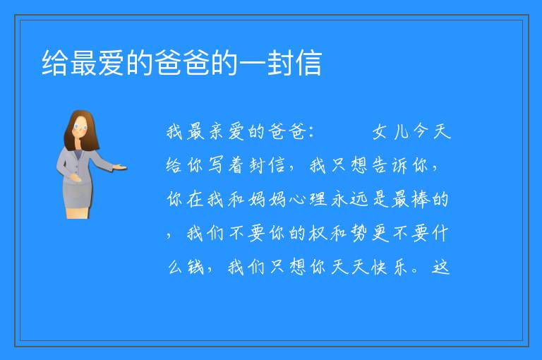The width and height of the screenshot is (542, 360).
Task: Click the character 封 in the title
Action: coord(280,63)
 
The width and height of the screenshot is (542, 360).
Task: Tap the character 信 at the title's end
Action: coord(308,63)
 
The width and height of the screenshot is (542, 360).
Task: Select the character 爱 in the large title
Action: coord(112,63)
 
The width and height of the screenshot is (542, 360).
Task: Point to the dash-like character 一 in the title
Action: coord(252,63)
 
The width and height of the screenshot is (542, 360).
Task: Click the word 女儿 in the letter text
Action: coord(390,131)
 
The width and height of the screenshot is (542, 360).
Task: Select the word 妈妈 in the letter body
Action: coord(267,199)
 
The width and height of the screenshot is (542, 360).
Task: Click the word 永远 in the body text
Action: coord(349,199)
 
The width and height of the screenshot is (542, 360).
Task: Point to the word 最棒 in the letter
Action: coord(410,199)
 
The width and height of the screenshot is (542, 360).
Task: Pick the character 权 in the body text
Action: coord(318,233)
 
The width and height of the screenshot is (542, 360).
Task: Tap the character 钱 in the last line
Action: coord(195,267)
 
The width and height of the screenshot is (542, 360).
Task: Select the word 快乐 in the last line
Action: coord(390,267)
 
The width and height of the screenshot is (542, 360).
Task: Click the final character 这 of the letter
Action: coord(440,267)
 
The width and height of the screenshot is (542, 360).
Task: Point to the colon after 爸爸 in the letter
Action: coord(311,132)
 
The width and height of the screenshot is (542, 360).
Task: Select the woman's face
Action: coord(80,127)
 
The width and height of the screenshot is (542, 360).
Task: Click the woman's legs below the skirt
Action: coord(78,212)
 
